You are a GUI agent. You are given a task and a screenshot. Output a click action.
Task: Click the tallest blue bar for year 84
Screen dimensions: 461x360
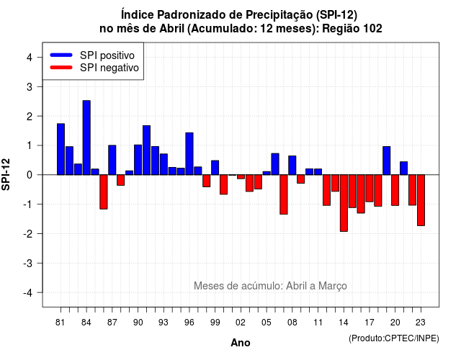(x=86, y=138)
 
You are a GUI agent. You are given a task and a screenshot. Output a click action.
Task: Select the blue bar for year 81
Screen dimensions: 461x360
(x=61, y=149)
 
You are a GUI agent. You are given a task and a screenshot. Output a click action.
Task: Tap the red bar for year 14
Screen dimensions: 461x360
(x=344, y=203)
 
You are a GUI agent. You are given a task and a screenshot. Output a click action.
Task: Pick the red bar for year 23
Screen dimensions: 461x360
(x=421, y=200)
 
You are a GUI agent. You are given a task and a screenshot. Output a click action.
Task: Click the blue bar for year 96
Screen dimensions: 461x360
(x=189, y=153)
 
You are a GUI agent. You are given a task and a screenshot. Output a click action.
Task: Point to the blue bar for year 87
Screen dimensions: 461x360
(x=112, y=160)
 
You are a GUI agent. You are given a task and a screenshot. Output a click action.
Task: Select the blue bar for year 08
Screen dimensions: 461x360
(x=292, y=166)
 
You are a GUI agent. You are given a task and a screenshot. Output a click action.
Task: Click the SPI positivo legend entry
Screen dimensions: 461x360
(x=92, y=55)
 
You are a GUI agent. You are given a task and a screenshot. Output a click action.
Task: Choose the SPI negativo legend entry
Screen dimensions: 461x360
(x=94, y=68)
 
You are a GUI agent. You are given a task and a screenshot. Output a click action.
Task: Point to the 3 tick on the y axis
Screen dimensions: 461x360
(x=29, y=86)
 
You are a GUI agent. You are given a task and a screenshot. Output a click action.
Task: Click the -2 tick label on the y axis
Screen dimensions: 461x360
(x=28, y=233)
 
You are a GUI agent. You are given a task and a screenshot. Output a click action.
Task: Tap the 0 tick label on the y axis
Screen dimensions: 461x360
(x=29, y=175)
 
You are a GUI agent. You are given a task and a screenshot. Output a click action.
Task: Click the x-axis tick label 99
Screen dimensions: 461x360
(x=215, y=323)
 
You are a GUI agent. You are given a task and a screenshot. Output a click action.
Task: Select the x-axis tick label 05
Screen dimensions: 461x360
(x=267, y=323)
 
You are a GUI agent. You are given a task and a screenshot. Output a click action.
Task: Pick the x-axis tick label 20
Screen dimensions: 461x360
(x=395, y=323)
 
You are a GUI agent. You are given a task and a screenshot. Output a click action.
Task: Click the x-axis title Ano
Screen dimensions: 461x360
(x=241, y=343)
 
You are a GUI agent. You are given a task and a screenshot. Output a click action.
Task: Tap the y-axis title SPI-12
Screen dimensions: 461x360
(x=6, y=174)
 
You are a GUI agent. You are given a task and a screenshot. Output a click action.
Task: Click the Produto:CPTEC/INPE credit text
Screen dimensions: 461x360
(x=394, y=338)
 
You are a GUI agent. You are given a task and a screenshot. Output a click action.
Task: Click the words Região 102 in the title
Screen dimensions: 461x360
(x=352, y=29)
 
